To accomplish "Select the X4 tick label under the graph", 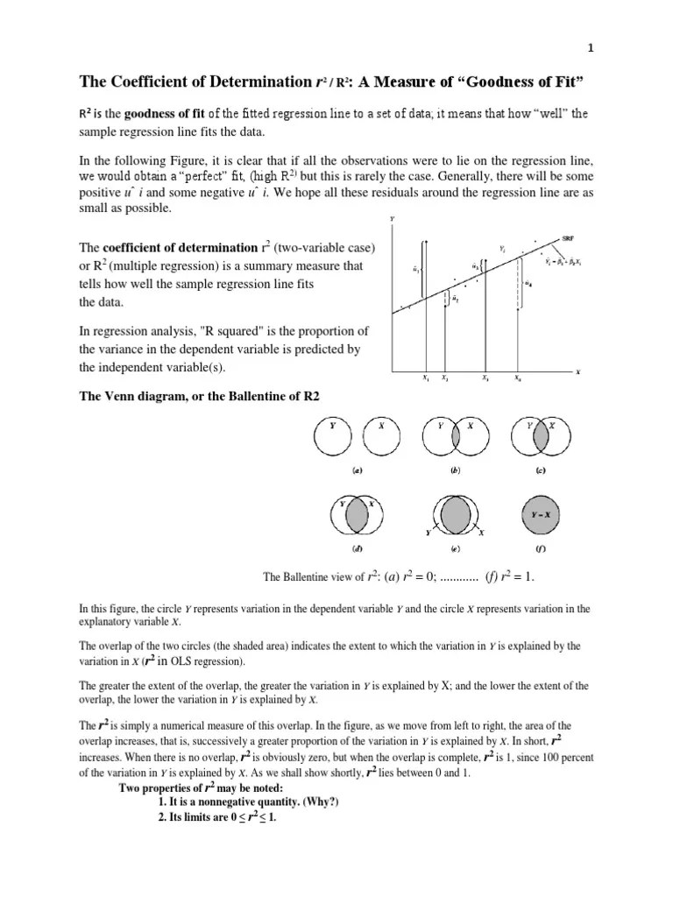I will pos(518,378).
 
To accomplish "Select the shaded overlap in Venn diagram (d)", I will pos(358,517).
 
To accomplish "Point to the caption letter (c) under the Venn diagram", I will pos(541,470).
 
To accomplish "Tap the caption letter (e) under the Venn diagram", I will pos(455,549).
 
